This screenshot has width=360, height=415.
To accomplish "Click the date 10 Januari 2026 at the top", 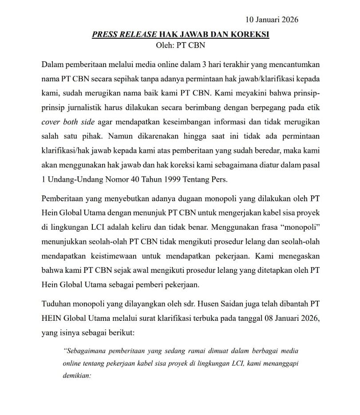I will pyautogui.click(x=271, y=20).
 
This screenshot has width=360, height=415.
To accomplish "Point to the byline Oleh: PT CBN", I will pyautogui.click(x=180, y=45).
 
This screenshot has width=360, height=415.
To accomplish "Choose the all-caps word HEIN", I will pyautogui.click(x=52, y=319).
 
